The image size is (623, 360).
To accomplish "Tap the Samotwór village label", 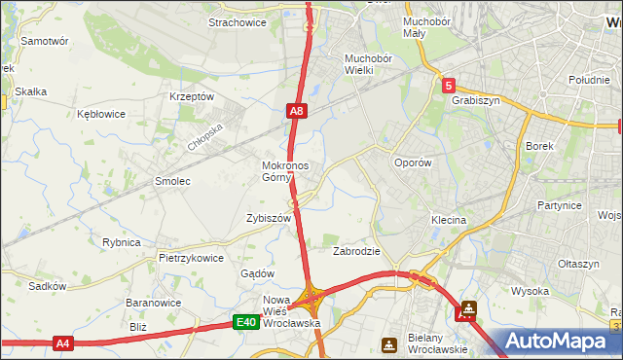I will (x=44, y=42).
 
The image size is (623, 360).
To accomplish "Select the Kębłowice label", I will (x=101, y=114).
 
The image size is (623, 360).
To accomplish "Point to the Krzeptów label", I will (x=191, y=96).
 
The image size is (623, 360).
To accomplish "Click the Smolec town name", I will (x=172, y=182).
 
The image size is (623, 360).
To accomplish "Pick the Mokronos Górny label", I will (x=285, y=171).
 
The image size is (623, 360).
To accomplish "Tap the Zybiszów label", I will (x=269, y=219).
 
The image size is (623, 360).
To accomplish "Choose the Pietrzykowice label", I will (x=191, y=259).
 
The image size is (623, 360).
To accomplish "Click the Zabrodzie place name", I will (x=356, y=251).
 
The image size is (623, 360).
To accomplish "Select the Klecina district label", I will (x=449, y=221).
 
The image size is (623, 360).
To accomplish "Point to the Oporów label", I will (x=412, y=163).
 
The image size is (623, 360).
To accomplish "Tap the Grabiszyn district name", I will (x=475, y=98).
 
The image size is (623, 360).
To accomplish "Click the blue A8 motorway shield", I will (x=298, y=113).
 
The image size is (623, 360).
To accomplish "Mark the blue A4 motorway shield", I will (x=63, y=342).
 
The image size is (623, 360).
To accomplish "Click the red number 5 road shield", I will (x=448, y=86).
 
